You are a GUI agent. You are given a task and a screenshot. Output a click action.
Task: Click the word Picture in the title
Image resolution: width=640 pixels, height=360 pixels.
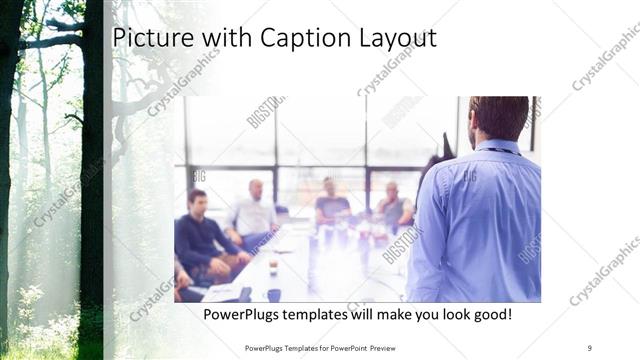[145, 38]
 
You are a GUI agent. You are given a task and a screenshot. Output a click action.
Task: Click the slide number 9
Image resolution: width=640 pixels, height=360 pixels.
[590, 348]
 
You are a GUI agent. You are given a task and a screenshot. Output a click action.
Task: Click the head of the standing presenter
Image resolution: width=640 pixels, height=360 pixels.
[498, 117]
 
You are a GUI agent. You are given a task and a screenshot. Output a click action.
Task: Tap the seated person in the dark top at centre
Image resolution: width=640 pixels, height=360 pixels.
[330, 203]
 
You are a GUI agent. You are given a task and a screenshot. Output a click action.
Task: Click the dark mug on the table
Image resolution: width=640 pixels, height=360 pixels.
[273, 293]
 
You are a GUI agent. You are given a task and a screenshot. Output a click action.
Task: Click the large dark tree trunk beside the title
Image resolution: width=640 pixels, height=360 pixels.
[93, 150]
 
